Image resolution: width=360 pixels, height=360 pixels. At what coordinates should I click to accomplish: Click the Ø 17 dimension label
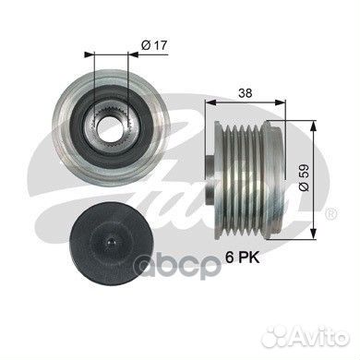[154, 45]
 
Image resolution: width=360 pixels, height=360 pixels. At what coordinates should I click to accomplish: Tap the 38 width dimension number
[246, 92]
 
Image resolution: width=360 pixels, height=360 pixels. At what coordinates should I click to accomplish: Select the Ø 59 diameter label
[304, 177]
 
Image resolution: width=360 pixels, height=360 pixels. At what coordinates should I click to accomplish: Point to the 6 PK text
[243, 258]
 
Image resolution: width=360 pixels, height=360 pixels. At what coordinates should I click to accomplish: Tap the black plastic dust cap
[112, 242]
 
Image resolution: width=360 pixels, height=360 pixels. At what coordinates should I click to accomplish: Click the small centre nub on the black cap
[112, 242]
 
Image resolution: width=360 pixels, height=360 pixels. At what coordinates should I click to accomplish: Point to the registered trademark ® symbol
[332, 213]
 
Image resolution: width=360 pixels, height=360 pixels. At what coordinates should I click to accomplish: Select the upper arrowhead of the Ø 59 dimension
[313, 126]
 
